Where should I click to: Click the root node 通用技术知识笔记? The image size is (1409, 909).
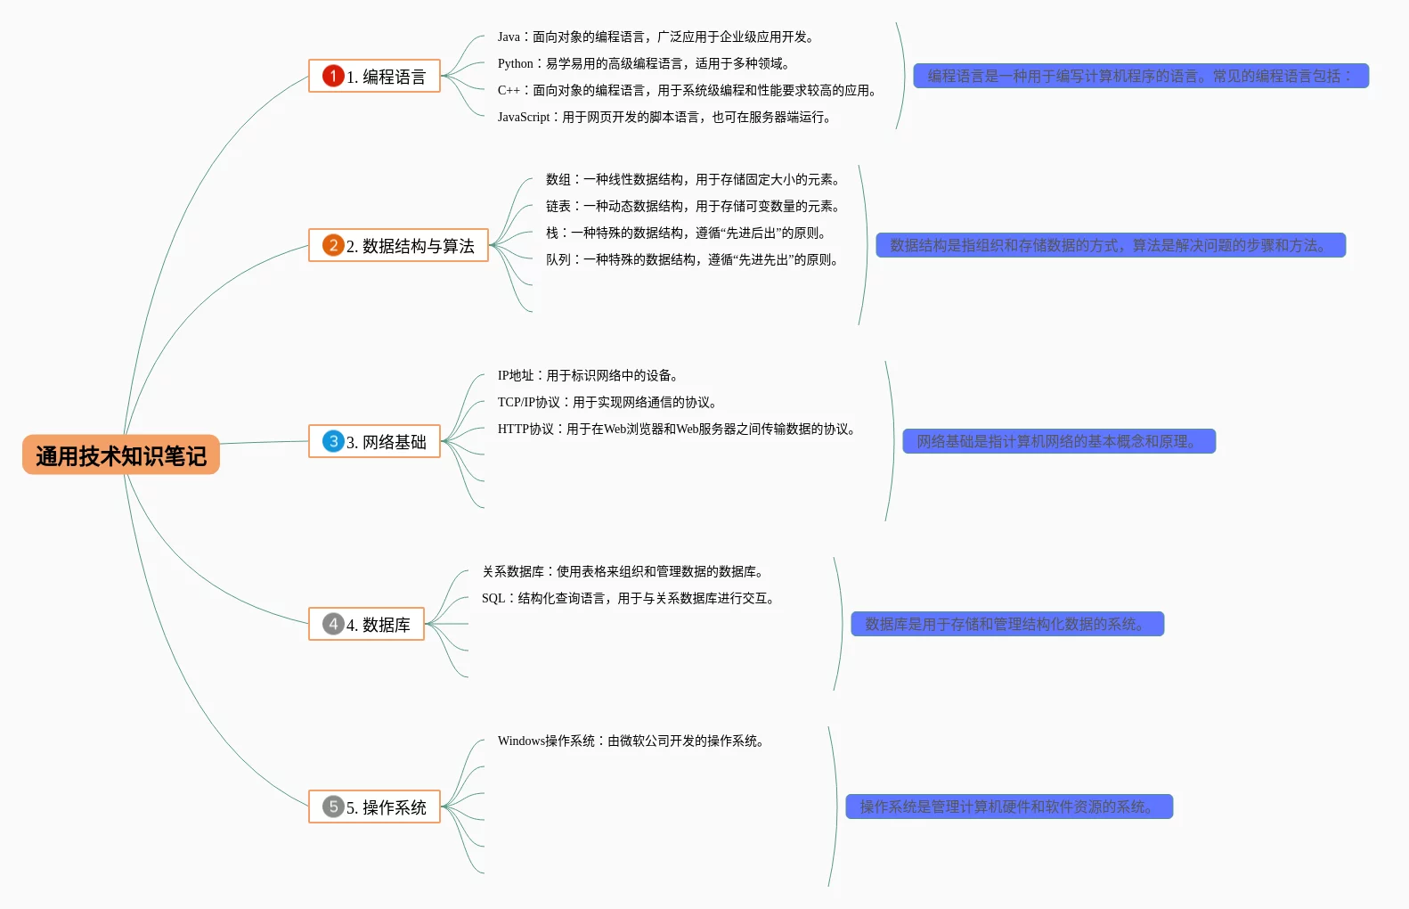pos(121,455)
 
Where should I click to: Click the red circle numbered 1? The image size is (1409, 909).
pos(333,76)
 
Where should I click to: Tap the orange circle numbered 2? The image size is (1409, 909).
pos(333,245)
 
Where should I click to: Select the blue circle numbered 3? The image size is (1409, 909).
pos(333,441)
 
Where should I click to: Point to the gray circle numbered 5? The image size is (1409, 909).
pos(333,807)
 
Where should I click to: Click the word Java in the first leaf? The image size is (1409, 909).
pos(509,37)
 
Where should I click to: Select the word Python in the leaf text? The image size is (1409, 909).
pos(515,64)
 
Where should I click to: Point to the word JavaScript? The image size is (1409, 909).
pos(524,118)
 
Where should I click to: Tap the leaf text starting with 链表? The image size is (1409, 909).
pos(692,207)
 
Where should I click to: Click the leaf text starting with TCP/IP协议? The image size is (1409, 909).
pos(607,403)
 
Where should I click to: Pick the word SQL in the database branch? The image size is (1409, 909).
pos(493,599)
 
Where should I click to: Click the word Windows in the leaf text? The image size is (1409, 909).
pos(521,741)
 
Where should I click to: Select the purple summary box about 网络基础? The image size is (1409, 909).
pos(1058,442)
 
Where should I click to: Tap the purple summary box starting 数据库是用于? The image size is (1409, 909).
pos(1006,625)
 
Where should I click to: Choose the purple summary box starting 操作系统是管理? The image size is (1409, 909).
pos(1008,807)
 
